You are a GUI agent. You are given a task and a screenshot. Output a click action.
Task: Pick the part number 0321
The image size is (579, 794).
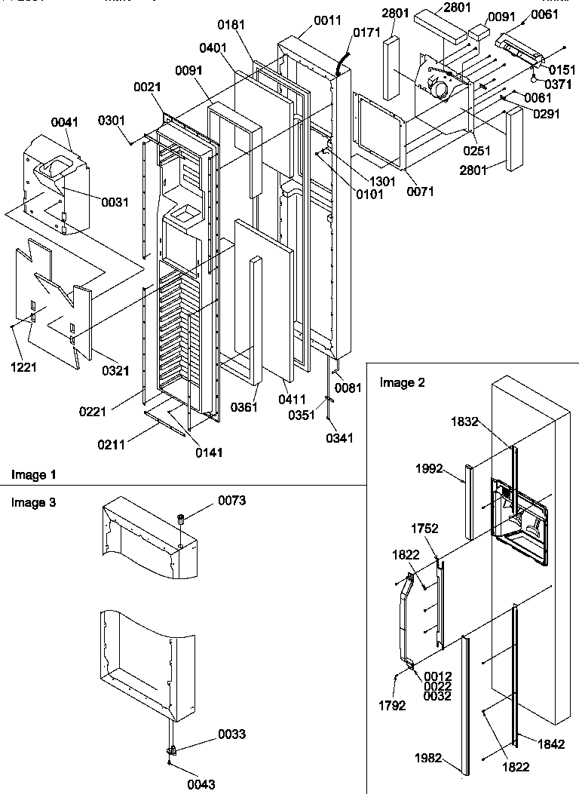tap(115, 370)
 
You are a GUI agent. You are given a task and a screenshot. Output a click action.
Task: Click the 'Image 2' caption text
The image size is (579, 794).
tap(402, 383)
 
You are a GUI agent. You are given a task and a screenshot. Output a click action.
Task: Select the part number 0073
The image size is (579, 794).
tap(231, 500)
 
